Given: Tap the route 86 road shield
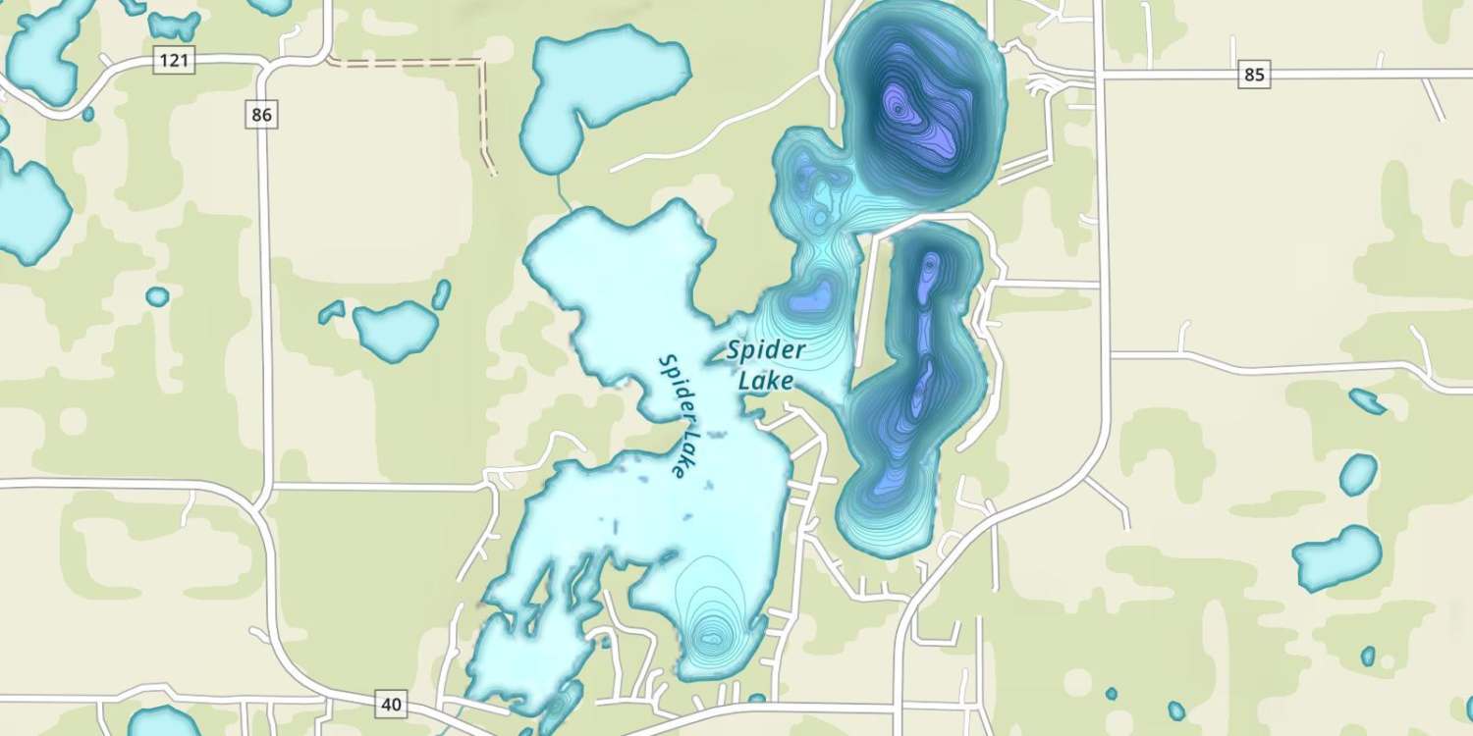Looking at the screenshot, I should pos(260,115).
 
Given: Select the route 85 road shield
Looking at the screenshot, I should pos(1254,74).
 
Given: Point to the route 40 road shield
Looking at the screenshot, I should pos(391,704).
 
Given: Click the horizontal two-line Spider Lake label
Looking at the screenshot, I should pos(767,364).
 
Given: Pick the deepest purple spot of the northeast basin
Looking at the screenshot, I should pos(897,104).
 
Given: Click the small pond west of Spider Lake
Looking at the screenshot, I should pos(395,328).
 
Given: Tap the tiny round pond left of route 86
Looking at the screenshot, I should pos(157,295).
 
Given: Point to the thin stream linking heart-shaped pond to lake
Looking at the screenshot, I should pos(562,190).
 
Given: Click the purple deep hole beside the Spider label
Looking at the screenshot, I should pos(814,294).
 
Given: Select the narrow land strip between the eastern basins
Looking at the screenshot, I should pos(866,294).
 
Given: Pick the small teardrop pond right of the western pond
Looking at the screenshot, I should pos(442,293).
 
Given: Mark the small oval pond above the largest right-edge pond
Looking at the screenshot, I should pos(1358,474).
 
